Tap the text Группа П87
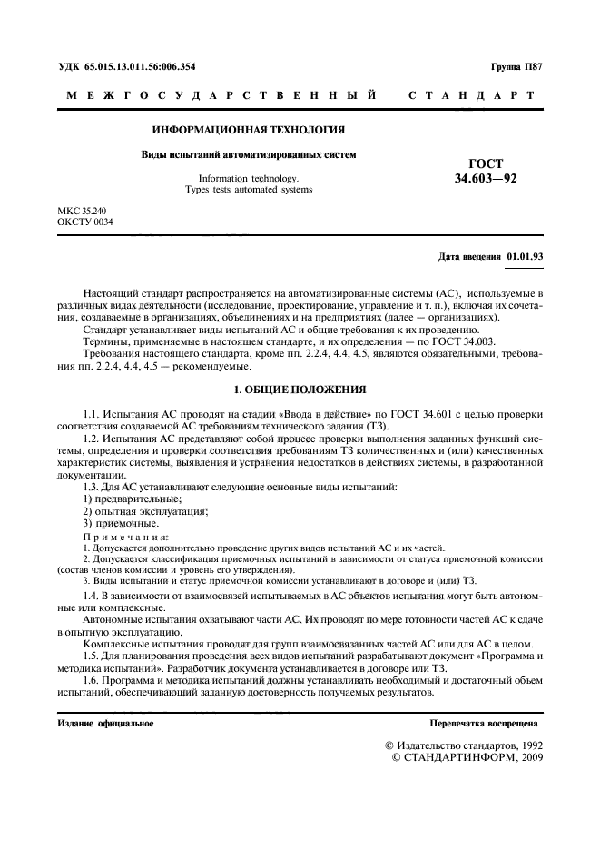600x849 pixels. coord(516,67)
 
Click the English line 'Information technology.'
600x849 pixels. coord(248,179)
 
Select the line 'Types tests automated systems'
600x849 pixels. coord(248,190)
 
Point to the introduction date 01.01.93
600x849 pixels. coord(525,257)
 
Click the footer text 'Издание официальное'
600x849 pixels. coord(105,724)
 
